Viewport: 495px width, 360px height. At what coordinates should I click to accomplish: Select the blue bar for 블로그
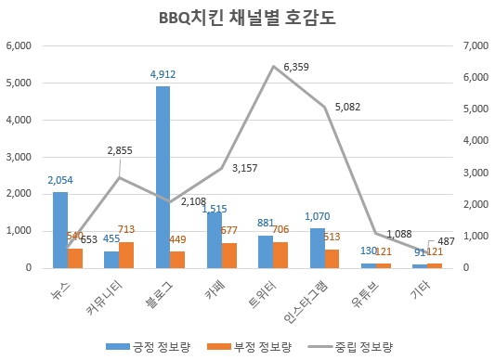click(x=163, y=176)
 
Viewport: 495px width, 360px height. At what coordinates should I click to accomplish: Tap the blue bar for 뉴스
click(x=60, y=229)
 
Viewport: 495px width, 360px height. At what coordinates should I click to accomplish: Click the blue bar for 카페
click(x=215, y=239)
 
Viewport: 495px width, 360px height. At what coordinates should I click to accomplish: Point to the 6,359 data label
click(x=297, y=68)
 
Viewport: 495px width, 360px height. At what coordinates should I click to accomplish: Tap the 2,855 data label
click(x=120, y=149)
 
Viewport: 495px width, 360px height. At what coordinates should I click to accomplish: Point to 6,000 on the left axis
click(x=19, y=45)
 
